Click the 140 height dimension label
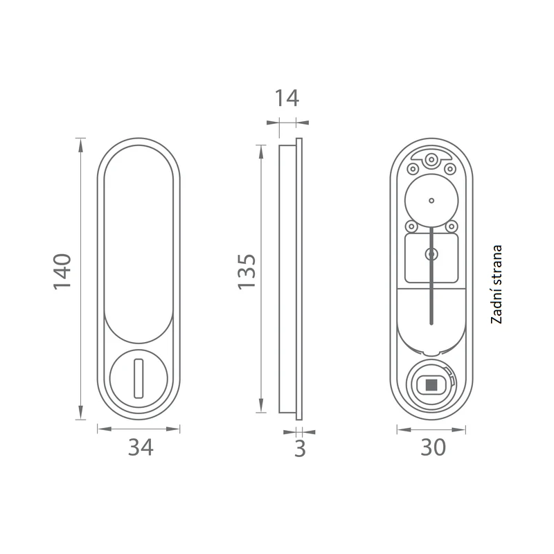tap(62, 271)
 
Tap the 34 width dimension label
tap(141, 447)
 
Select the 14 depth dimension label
tap(287, 98)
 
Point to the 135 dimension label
tap(247, 271)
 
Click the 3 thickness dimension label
tap(300, 449)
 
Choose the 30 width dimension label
tap(434, 447)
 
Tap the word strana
tap(497, 267)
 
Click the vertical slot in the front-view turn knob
tap(138, 378)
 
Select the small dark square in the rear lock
tap(430, 385)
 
